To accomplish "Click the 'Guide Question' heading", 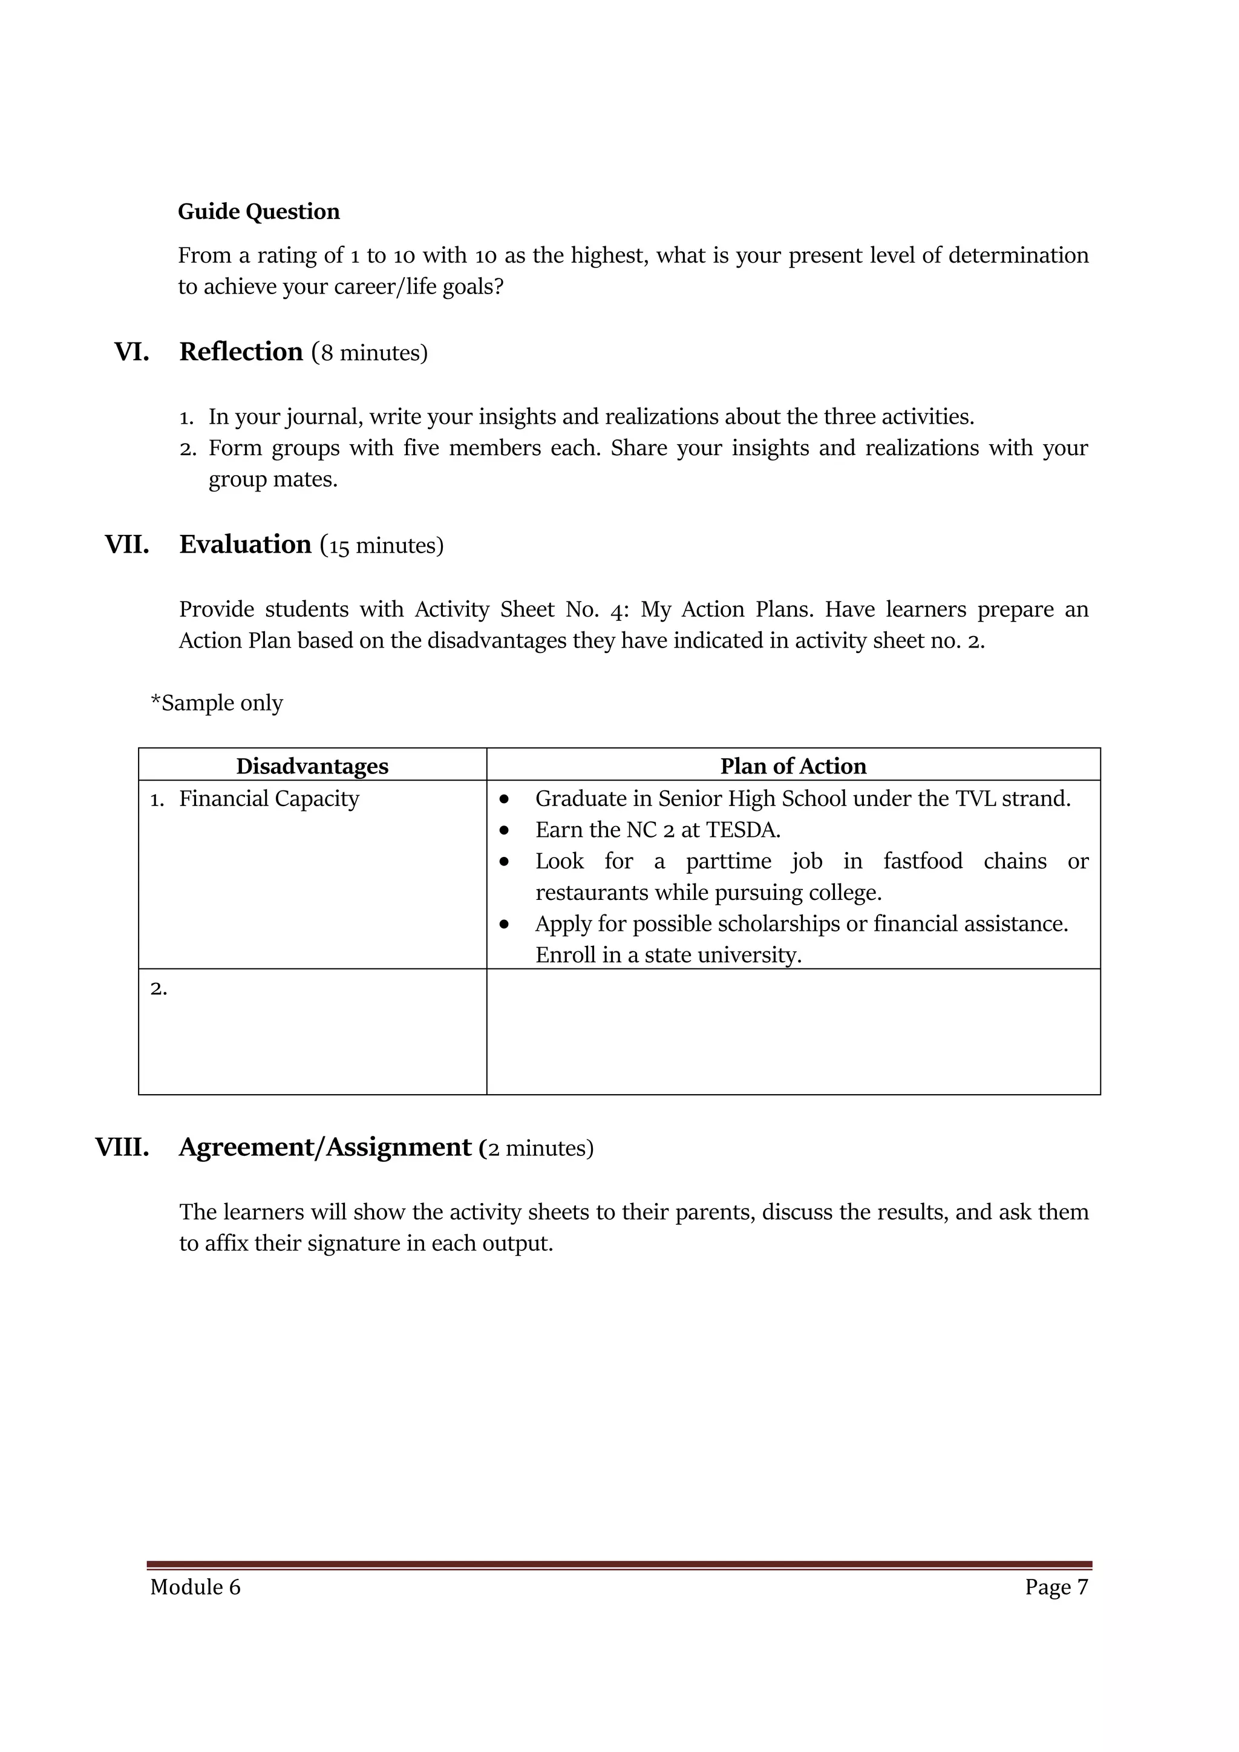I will click(x=259, y=211).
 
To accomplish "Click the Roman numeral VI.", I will click(x=131, y=352).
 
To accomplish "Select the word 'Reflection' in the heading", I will click(x=241, y=352).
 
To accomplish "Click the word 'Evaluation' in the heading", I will click(x=245, y=544).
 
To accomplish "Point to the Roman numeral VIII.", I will click(x=122, y=1147).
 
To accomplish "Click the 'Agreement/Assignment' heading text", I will click(x=325, y=1147).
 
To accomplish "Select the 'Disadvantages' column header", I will click(x=312, y=766).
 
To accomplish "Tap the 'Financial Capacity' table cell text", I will click(x=269, y=798).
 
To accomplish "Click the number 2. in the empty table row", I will click(x=159, y=988).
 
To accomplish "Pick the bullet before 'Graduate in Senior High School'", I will click(x=505, y=799).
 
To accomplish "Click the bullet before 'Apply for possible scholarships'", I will click(x=505, y=924).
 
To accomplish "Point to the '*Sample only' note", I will click(x=217, y=702).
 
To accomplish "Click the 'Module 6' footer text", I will click(x=195, y=1587).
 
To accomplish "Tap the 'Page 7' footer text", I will click(x=1056, y=1587).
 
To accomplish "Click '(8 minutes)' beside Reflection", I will click(x=370, y=353).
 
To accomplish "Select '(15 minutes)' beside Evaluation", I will click(x=382, y=546).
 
